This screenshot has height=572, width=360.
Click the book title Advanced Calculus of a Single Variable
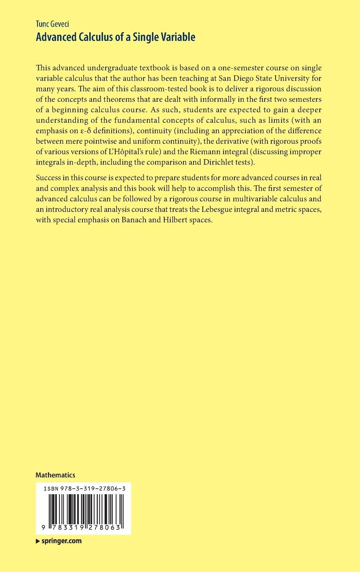point(116,37)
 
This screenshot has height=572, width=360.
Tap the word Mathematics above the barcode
point(56,475)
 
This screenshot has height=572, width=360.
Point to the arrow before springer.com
point(38,541)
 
